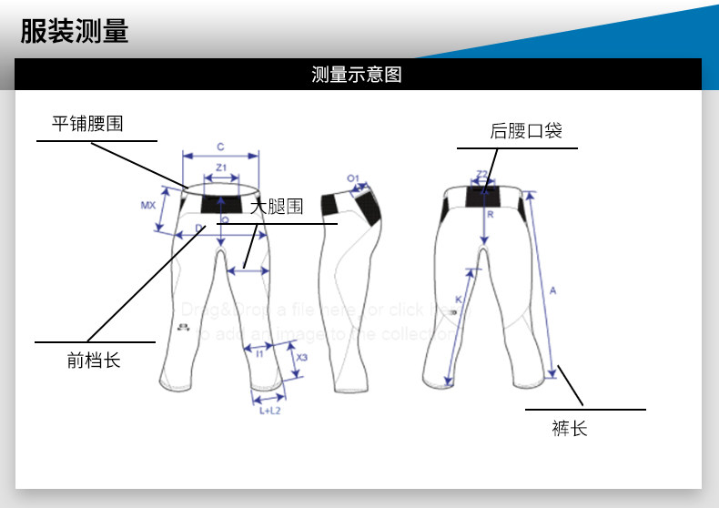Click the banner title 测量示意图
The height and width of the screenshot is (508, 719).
tap(357, 75)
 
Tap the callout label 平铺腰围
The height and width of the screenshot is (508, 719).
tap(87, 124)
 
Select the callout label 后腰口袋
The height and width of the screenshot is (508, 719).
tap(526, 131)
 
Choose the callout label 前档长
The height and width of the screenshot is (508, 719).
tap(94, 360)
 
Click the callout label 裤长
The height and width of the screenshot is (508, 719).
tap(570, 428)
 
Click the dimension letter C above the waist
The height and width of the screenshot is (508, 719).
tap(220, 146)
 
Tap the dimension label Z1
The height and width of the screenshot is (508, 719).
tap(220, 167)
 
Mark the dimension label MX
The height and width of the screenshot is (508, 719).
tap(148, 206)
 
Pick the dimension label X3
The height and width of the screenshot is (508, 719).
tap(301, 358)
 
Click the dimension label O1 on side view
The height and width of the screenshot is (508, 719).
tap(353, 178)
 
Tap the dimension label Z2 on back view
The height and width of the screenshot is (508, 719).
tap(482, 173)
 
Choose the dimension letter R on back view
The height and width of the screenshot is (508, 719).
tap(490, 215)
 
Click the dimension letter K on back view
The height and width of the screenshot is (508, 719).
tap(458, 300)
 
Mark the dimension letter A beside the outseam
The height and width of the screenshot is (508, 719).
tap(552, 290)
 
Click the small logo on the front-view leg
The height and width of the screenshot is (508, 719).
tap(183, 327)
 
